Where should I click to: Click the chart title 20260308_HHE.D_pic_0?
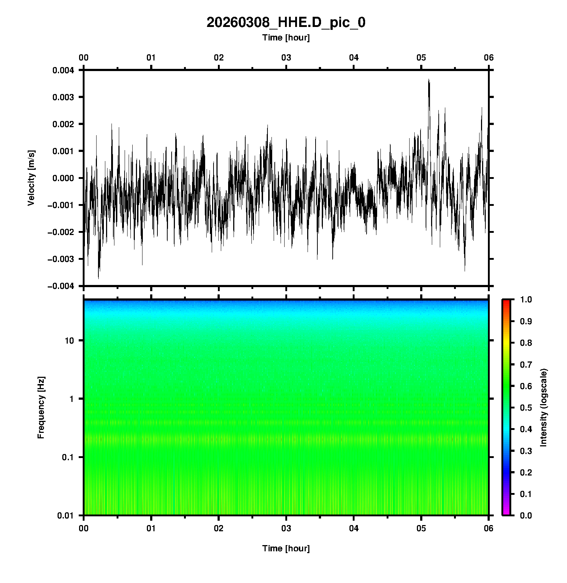click(x=286, y=23)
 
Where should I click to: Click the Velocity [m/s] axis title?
click(x=31, y=178)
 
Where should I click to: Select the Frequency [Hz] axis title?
click(x=41, y=407)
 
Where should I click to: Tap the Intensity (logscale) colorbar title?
click(x=544, y=407)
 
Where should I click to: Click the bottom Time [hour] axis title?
click(x=286, y=548)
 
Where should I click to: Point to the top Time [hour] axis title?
click(x=286, y=38)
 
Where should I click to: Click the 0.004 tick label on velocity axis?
click(x=63, y=70)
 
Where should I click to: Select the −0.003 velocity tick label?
click(x=60, y=259)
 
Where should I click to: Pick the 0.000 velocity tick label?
click(x=63, y=178)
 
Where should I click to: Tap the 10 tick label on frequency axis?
click(x=69, y=341)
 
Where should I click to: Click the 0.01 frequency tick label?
click(x=66, y=515)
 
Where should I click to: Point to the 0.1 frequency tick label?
click(x=67, y=457)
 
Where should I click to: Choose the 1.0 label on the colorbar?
click(x=526, y=300)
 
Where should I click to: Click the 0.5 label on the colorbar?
click(x=526, y=407)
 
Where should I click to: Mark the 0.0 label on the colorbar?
click(x=526, y=515)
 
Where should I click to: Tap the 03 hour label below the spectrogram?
click(x=286, y=528)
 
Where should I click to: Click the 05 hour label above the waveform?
click(x=421, y=58)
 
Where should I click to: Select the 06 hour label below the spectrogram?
click(x=489, y=528)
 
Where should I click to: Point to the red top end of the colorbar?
click(x=506, y=301)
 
